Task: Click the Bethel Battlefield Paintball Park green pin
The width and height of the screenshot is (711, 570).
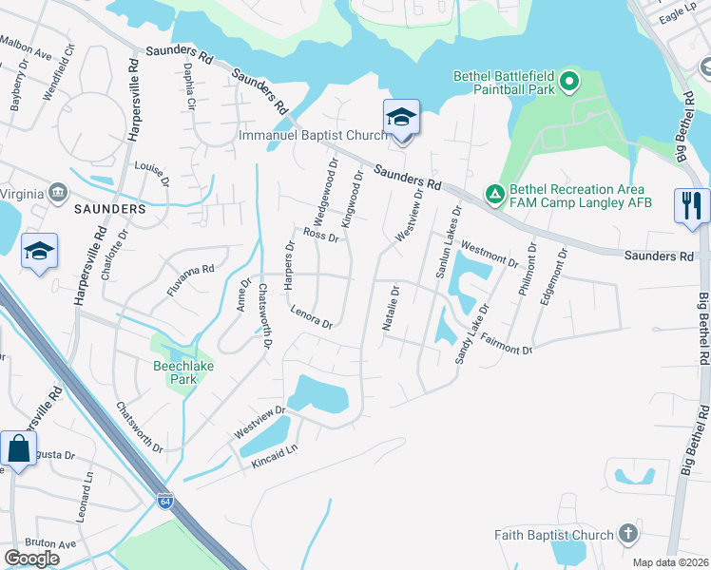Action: click(x=569, y=82)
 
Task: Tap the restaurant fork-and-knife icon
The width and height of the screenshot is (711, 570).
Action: click(x=691, y=205)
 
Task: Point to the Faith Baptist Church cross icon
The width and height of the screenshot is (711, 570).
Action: click(x=626, y=534)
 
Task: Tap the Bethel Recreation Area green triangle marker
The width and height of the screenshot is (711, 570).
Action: click(x=494, y=194)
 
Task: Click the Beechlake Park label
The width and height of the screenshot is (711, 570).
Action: click(x=175, y=371)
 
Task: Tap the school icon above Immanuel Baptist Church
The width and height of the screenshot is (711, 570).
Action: click(x=401, y=118)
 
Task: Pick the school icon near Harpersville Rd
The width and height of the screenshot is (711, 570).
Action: click(x=40, y=251)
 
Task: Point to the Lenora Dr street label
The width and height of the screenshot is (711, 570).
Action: click(x=311, y=316)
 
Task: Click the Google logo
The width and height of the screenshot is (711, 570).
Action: click(x=31, y=558)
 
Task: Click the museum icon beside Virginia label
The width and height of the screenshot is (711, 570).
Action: click(x=59, y=193)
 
